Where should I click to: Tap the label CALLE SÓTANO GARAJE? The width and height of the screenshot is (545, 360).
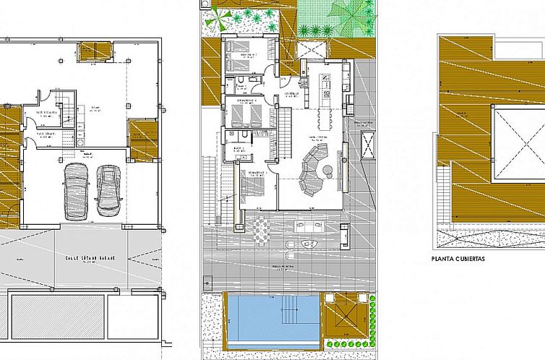coord(90,257)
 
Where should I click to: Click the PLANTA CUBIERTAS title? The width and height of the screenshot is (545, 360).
coord(458,258)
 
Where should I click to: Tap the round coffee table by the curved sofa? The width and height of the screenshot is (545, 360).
coord(327,170)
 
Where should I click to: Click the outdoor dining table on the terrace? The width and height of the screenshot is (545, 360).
coord(262,231)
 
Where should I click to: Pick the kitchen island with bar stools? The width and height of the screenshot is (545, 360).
coord(326,108)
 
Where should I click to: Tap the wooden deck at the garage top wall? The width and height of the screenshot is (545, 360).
coord(94,51)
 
